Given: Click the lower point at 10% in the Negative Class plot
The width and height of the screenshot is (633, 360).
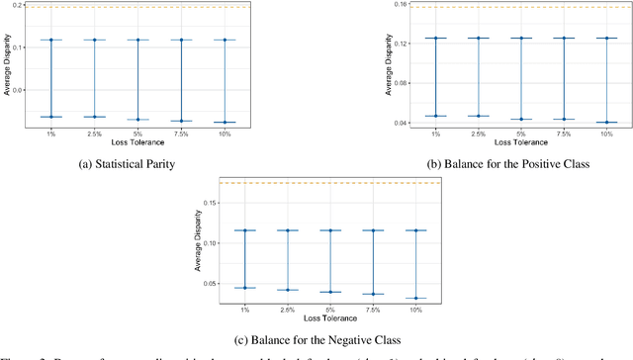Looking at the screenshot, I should pyautogui.click(x=408, y=298).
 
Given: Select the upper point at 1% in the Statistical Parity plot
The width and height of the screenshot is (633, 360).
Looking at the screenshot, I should pyautogui.click(x=50, y=40).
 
